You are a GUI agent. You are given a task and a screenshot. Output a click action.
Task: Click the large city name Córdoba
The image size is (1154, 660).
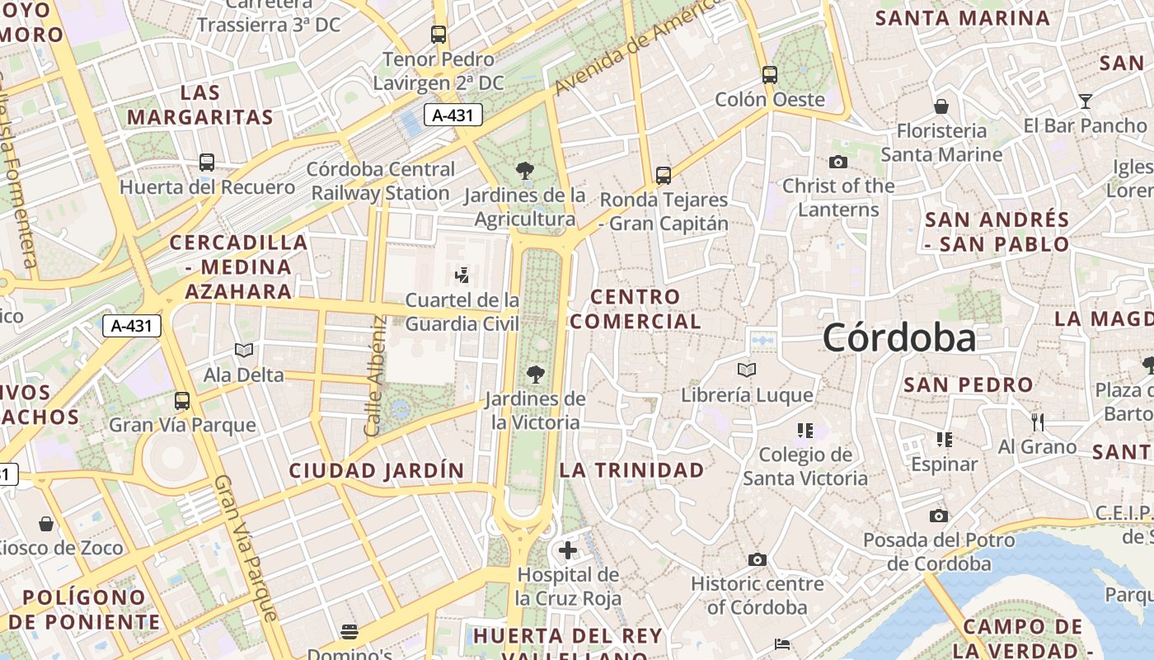[898, 338]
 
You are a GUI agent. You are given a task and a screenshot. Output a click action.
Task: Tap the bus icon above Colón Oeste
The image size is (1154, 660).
[770, 75]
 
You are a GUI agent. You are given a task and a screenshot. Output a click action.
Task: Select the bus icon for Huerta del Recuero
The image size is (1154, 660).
[207, 163]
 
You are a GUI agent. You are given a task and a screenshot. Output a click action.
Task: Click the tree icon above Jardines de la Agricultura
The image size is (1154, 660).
[524, 172]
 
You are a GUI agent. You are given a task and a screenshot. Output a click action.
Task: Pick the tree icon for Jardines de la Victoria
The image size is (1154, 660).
[536, 375]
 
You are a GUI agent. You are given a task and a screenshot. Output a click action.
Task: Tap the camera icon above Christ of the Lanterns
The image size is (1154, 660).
[838, 162]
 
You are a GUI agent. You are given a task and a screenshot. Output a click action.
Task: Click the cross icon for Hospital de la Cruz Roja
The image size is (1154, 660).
[567, 549]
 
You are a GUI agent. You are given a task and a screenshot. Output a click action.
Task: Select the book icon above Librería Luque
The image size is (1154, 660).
[747, 370]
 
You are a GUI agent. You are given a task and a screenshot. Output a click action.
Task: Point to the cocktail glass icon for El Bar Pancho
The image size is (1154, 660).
[1086, 101]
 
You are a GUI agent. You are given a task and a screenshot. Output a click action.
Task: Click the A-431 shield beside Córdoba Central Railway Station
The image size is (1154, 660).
[453, 115]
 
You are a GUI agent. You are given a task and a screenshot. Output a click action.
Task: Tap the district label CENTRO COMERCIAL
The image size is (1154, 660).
[636, 309]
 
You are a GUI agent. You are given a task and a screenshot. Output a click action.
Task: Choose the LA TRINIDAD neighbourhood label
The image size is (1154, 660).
[632, 470]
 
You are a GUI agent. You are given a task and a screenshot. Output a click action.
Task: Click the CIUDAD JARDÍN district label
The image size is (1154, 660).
[377, 471]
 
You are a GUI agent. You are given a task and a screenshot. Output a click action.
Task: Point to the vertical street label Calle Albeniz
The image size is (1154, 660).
[375, 376]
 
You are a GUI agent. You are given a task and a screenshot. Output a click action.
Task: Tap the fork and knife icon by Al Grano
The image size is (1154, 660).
[1038, 422]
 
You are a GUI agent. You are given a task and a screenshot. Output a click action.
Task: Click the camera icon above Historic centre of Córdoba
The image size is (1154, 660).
[758, 560]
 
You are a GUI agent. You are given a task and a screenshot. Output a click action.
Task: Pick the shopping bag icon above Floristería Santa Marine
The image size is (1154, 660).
[941, 106]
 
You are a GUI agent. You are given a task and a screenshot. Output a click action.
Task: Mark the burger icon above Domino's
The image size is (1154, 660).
[349, 632]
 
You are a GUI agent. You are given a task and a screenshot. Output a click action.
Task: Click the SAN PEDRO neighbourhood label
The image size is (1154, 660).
[969, 384]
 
